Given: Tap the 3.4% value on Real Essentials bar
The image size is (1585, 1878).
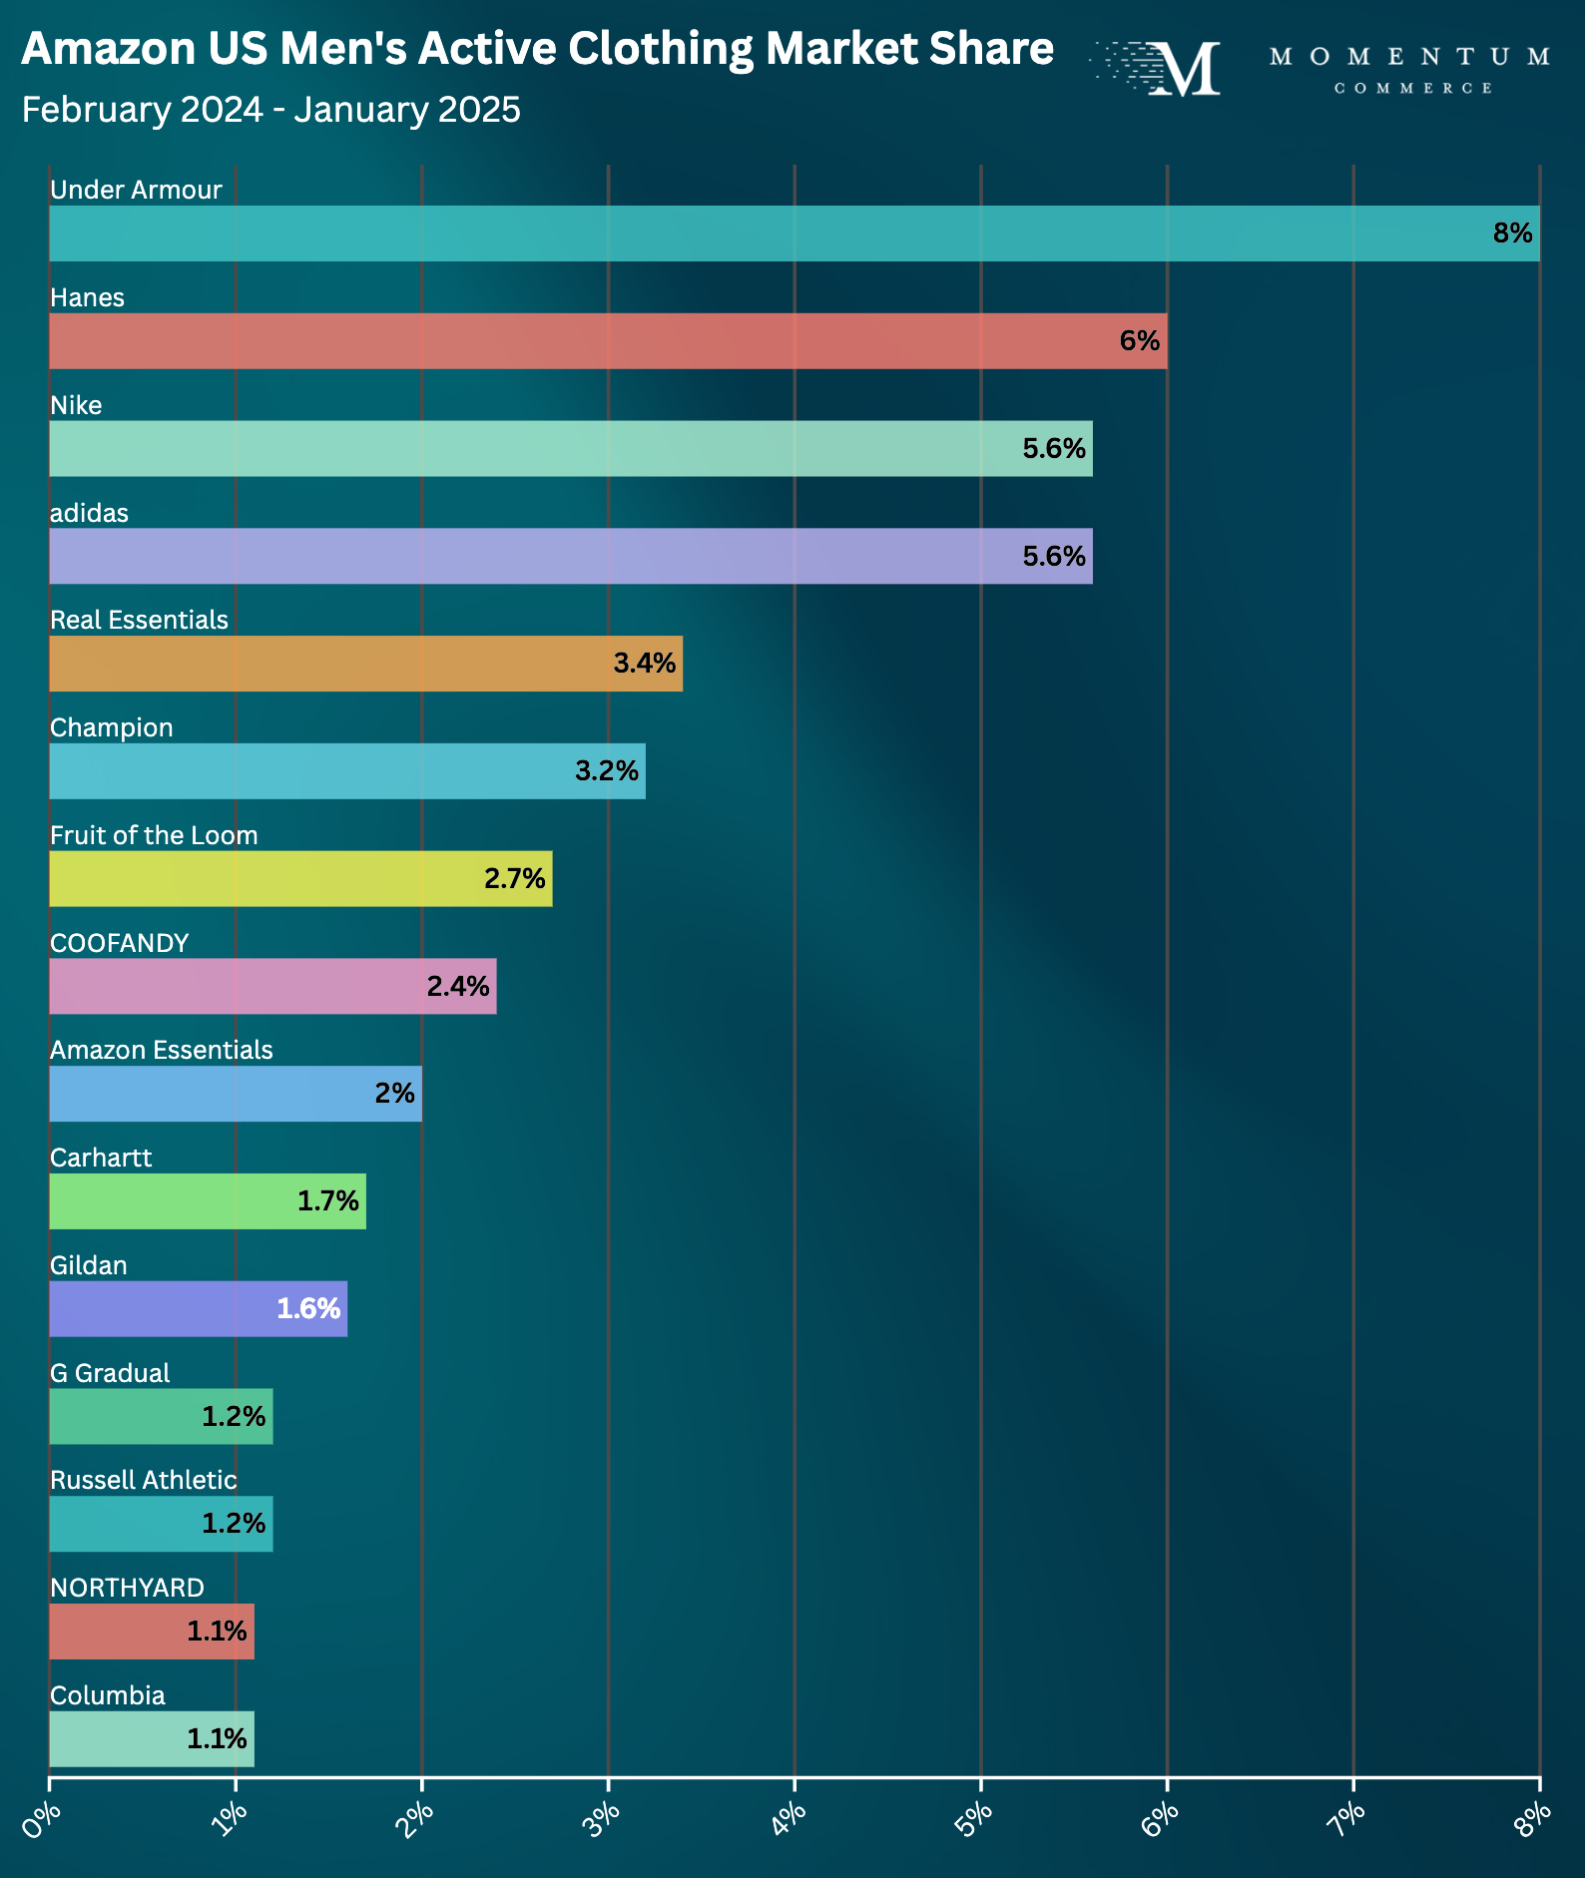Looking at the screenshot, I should (644, 664).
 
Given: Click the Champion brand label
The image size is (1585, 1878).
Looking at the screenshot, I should (112, 727).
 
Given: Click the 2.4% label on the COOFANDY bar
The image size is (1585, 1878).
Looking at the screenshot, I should (458, 987).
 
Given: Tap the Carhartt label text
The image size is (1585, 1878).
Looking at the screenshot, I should (101, 1158).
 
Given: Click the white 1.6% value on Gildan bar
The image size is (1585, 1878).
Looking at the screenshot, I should (308, 1308).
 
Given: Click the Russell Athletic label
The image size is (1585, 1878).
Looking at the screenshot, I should (144, 1480).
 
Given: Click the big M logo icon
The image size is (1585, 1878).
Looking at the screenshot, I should (1183, 69).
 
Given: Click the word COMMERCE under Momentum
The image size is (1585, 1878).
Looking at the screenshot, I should (1412, 89).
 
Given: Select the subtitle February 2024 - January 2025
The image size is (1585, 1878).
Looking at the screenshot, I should (270, 110).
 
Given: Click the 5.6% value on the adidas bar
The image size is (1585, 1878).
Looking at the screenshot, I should (1053, 556).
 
